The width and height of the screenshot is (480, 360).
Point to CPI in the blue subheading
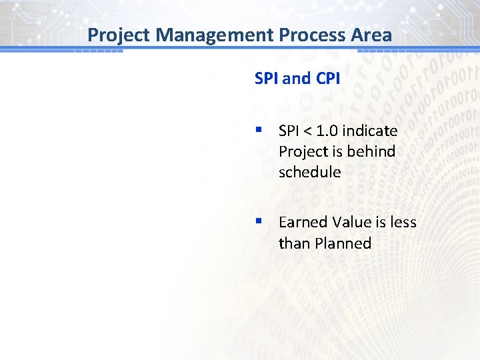327,79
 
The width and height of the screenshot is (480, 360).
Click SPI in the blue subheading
267,79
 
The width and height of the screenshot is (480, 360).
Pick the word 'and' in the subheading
297,79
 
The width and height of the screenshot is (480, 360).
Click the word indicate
373,131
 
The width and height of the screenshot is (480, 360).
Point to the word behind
371,151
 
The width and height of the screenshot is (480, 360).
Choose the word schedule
309,172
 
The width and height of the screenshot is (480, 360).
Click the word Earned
302,222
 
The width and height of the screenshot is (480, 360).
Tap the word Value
351,222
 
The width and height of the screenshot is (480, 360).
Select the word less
403,222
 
